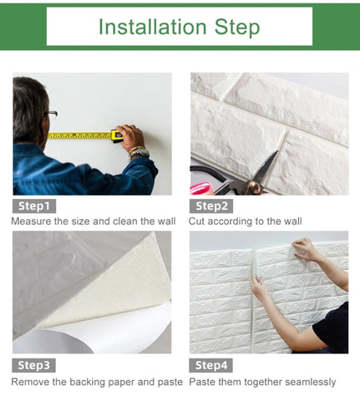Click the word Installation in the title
pos(153,27)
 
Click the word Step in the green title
pos(237,28)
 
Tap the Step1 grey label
pos(34,206)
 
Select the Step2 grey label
pos(211,206)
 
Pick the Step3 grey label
pos(33,365)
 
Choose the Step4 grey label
pos(210,365)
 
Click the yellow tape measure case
pos(117,136)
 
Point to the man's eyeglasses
pos(52,114)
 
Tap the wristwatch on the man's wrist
pos(139,152)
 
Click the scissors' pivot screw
pos(254,185)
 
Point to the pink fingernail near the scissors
pos(200,188)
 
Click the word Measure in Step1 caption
pos(31,221)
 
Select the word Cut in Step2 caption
pos(196,221)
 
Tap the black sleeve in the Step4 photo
pos(332,328)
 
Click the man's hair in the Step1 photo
pos(28,109)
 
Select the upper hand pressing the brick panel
pos(307,249)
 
